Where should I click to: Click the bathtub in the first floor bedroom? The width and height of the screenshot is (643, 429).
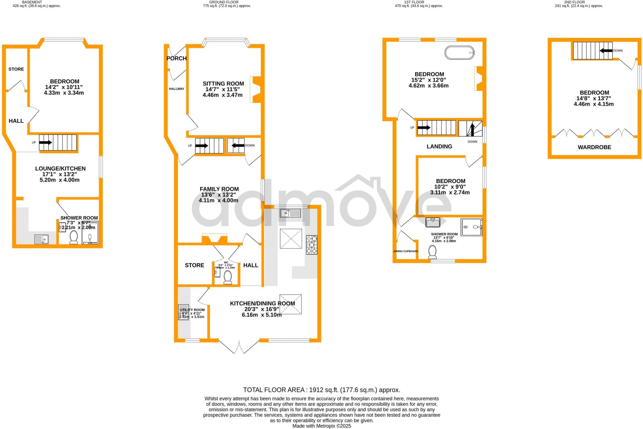pos(460,52)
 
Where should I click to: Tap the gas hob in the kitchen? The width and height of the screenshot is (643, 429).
pos(311,245)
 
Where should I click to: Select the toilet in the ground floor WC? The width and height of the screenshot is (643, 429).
pos(228,277)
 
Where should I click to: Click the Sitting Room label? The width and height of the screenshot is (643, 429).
pos(223,84)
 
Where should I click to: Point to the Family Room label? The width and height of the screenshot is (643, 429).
pos(219,189)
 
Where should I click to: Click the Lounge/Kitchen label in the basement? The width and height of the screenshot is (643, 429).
pos(60,169)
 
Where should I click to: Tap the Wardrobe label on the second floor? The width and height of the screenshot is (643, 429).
pos(594,147)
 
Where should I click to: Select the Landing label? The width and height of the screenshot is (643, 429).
pos(439,146)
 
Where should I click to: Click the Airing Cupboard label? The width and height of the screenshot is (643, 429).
pos(406,251)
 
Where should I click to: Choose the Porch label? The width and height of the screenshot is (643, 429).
pos(176,58)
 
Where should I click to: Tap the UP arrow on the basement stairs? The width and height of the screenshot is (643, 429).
pos(46,142)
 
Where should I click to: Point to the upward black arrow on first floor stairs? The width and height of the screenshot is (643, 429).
pos(472,129)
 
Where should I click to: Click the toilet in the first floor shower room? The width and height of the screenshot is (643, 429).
pos(432,252)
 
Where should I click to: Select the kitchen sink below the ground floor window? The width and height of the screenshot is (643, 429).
pos(290,213)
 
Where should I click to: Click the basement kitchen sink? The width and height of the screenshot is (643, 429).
pos(41,240)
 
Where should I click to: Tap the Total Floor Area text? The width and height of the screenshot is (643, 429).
pos(321,390)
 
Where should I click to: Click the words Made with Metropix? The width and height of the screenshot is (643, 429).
pos(321,426)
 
